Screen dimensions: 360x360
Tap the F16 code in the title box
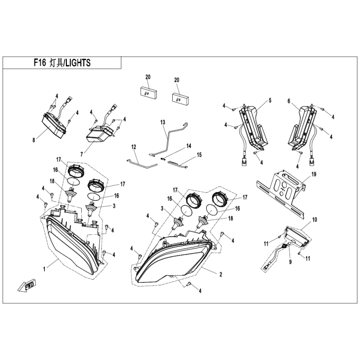(x=40, y=62)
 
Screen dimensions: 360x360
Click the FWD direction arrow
(x=27, y=285)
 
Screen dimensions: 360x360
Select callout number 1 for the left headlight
(x=45, y=269)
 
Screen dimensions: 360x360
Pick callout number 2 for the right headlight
(x=221, y=274)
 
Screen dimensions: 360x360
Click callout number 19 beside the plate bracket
(x=314, y=174)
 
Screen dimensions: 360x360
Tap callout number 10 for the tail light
(x=315, y=220)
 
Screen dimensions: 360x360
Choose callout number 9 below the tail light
(x=290, y=262)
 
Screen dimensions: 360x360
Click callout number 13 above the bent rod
(x=163, y=122)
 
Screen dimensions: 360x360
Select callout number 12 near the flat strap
(x=134, y=147)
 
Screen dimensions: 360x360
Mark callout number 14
(x=189, y=146)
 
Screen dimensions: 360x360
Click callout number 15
(x=199, y=155)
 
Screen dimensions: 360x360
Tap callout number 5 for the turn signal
(x=270, y=101)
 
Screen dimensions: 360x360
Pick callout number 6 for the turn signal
(x=289, y=101)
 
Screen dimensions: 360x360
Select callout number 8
(x=34, y=140)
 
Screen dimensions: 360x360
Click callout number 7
(x=81, y=154)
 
